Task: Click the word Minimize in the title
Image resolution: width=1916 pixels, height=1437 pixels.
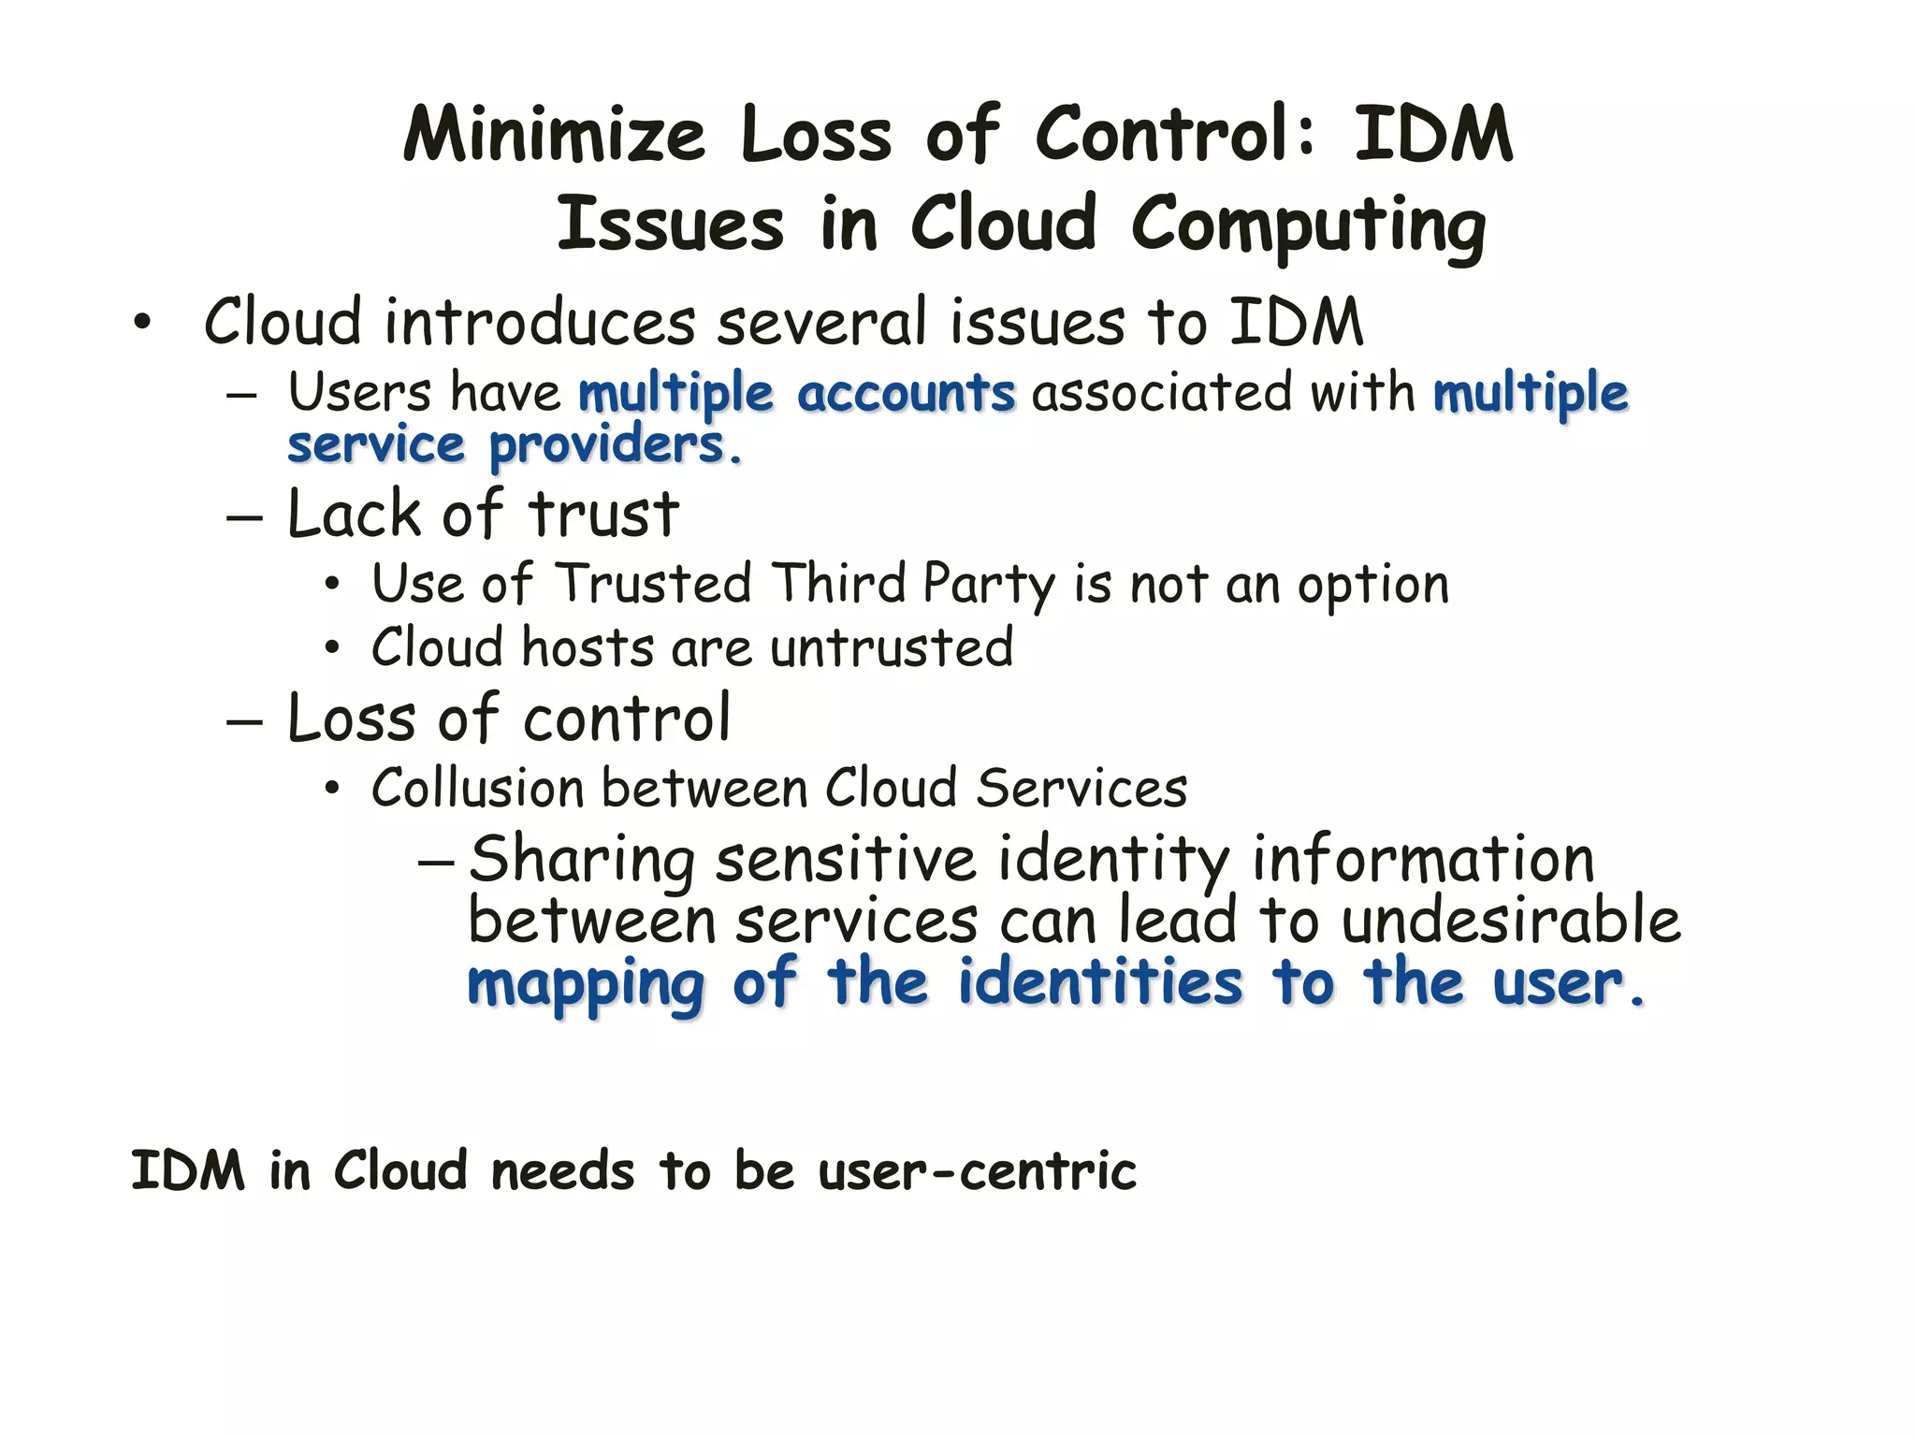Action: [x=553, y=136]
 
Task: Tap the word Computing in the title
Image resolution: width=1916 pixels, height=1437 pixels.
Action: [x=1308, y=225]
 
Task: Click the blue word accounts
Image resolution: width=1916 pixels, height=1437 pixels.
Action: [x=906, y=393]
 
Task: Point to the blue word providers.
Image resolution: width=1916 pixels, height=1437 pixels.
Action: [x=616, y=445]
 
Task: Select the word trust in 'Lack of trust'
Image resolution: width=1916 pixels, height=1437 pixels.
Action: [x=603, y=515]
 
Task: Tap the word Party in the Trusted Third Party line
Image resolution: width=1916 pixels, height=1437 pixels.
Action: [x=988, y=585]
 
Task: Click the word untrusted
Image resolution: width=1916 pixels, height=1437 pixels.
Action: [x=892, y=647]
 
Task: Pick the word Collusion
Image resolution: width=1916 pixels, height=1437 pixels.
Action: [x=476, y=788]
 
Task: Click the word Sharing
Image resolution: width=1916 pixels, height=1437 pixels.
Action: [x=581, y=860]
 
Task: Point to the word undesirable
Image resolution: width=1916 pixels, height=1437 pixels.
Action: [x=1511, y=921]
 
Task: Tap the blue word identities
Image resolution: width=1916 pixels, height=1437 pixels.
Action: [x=1100, y=983]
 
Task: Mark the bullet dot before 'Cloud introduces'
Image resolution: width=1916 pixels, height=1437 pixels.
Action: [x=141, y=324]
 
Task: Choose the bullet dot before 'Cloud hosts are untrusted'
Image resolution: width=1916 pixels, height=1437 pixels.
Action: [x=331, y=648]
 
